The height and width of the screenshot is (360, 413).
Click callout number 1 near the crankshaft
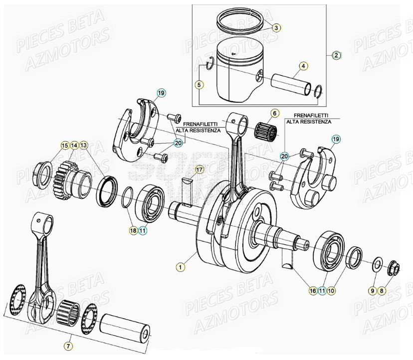[x=180, y=267]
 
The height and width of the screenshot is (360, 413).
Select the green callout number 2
[x=336, y=55]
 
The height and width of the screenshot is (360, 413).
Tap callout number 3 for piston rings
[x=276, y=28]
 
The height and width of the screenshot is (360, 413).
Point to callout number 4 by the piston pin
[x=303, y=66]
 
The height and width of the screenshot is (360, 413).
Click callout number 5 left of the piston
[x=199, y=85]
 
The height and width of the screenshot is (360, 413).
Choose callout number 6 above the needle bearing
[x=274, y=113]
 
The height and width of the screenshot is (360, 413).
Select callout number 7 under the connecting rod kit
[x=69, y=345]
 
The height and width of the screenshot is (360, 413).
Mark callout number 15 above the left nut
[x=64, y=145]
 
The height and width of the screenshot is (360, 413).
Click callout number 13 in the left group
[x=83, y=145]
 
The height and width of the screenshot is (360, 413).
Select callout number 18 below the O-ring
[x=133, y=230]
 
